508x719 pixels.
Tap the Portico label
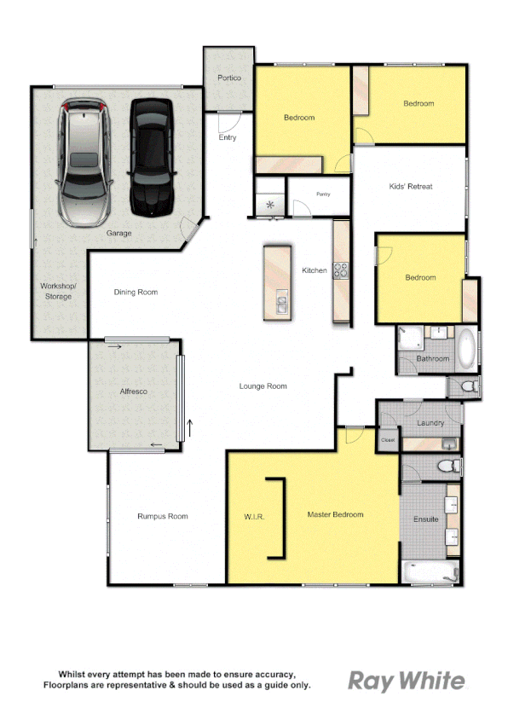point(229,78)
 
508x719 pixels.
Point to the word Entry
point(228,137)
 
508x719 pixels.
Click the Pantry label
point(323,194)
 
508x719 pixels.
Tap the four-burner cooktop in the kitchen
point(341,270)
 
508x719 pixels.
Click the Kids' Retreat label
point(411,186)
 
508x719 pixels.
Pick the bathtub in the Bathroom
point(465,349)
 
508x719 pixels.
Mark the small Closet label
point(388,440)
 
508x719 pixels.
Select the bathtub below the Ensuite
point(430,572)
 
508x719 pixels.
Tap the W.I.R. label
point(254,516)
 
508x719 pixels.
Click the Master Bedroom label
point(335,514)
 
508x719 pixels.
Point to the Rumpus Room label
point(162,516)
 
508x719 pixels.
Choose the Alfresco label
point(134,391)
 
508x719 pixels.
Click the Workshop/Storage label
point(59,291)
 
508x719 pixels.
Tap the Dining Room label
point(136,293)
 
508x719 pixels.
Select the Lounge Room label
point(263,386)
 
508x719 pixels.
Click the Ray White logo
point(407,681)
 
